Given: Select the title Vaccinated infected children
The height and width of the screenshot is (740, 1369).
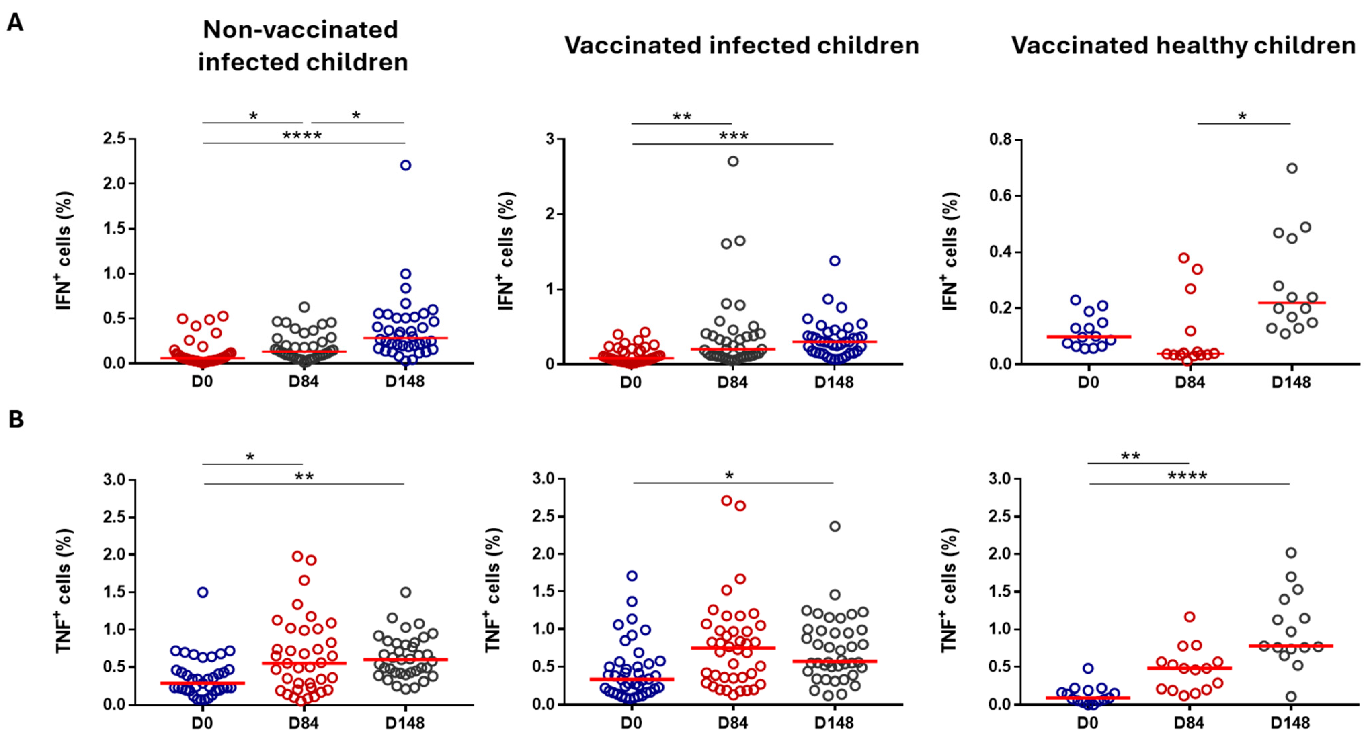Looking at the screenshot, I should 741,46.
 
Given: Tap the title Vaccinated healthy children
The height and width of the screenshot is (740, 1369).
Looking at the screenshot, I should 1183,46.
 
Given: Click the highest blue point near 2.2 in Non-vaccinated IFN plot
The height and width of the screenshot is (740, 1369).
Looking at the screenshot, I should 405,165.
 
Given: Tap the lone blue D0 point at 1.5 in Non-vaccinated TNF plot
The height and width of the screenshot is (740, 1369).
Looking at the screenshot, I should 202,592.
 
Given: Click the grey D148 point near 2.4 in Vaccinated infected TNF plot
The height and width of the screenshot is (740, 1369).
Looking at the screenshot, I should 835,527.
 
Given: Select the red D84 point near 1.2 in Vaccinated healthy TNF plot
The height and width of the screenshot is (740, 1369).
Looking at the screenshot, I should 1190,617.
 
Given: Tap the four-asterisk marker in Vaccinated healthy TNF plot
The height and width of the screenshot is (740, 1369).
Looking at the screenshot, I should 1187,476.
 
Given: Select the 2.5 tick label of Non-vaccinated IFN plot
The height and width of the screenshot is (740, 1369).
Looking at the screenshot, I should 114,139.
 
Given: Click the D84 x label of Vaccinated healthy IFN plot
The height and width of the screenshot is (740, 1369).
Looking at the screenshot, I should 1190,382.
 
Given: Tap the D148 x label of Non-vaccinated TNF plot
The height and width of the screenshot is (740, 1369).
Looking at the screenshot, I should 405,723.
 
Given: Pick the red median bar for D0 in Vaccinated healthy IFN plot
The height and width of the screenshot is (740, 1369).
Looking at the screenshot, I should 1088,337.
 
